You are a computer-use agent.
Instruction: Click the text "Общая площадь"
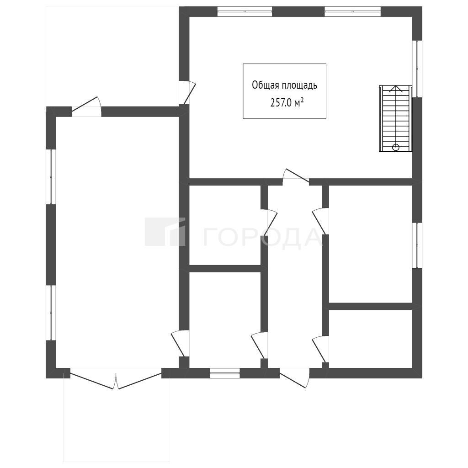click(x=284, y=85)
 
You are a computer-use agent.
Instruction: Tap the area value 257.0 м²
click(x=287, y=103)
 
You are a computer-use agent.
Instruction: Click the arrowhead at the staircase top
click(x=395, y=88)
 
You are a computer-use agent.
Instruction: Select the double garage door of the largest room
click(x=116, y=378)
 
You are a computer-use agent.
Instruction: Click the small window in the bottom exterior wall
click(x=225, y=373)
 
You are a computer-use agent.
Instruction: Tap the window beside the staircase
click(x=417, y=69)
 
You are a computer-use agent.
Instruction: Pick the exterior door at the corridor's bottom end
click(x=295, y=378)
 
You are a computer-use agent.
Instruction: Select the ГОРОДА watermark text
click(x=263, y=238)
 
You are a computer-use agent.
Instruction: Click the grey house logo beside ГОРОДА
click(x=165, y=232)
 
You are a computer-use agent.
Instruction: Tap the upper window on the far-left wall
click(x=51, y=177)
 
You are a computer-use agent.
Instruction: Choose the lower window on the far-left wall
click(x=51, y=313)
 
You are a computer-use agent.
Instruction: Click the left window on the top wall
click(x=245, y=11)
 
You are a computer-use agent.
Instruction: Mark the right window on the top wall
click(x=352, y=11)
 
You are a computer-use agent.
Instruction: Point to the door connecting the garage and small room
click(x=180, y=344)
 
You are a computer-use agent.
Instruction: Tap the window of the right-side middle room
click(x=417, y=245)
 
